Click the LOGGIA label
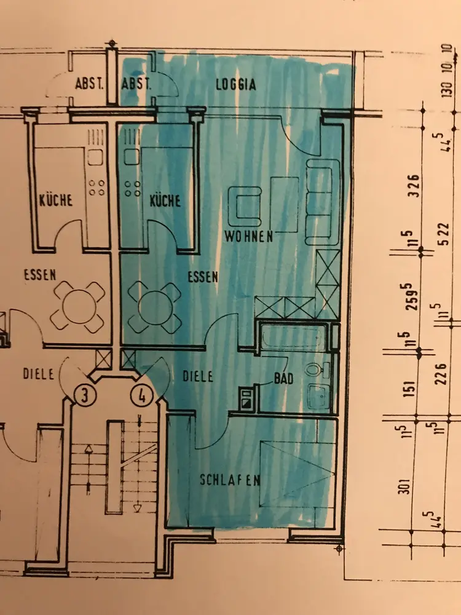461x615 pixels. point(235,85)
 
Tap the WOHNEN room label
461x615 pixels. point(248,237)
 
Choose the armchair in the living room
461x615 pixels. point(245,207)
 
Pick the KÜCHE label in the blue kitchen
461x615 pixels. point(165,201)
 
